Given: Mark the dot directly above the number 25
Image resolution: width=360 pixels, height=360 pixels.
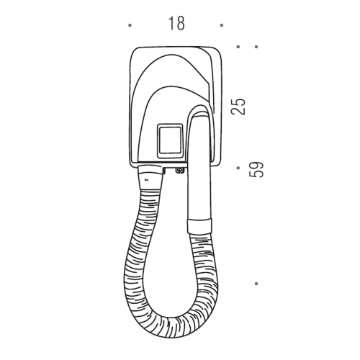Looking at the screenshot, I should click(239, 47).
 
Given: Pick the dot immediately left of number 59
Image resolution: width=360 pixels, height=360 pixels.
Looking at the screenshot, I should click(239, 169).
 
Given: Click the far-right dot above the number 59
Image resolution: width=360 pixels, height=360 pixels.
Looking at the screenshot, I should click(257, 47).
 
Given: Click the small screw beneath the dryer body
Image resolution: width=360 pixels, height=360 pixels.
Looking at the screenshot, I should click(178, 171).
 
